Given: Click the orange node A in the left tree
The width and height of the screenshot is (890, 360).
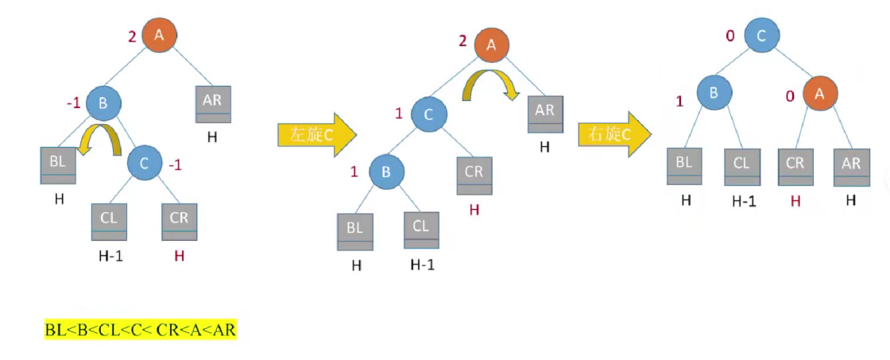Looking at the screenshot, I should [x=159, y=35].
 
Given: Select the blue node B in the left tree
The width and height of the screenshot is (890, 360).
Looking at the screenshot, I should [x=103, y=103].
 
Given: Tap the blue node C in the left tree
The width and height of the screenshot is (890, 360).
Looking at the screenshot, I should [x=145, y=165].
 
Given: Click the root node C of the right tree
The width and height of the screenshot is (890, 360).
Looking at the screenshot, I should [x=761, y=35].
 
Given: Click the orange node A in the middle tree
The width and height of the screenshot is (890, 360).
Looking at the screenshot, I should [x=491, y=45].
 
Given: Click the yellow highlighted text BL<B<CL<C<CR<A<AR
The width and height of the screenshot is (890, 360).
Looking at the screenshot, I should [x=140, y=329].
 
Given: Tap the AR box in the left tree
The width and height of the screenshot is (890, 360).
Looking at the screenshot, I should [x=213, y=104].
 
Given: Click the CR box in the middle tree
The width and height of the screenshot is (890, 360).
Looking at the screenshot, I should [x=474, y=175].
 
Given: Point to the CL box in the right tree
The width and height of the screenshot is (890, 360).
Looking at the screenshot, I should [x=741, y=167].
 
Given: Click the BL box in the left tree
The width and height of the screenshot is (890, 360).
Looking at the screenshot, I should [x=57, y=164].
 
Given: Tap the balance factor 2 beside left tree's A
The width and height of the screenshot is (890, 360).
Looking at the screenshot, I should [x=133, y=36].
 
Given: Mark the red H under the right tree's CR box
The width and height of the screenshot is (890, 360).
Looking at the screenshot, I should [x=794, y=200].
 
